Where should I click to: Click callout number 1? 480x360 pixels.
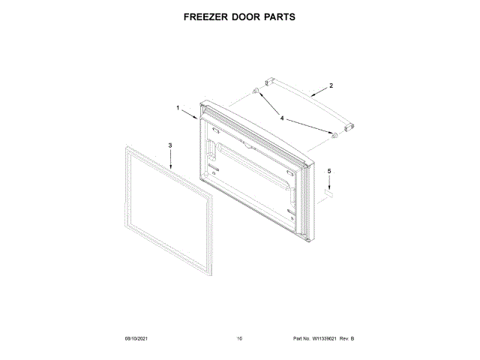[x=178, y=108]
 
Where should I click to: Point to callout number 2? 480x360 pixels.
[x=331, y=86]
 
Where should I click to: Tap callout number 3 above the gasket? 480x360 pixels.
[x=169, y=145]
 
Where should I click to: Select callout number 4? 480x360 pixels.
[x=282, y=118]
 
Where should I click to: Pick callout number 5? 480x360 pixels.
[x=328, y=172]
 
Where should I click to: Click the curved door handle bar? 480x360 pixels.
[x=307, y=101]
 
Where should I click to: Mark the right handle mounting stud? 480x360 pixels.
[x=334, y=136]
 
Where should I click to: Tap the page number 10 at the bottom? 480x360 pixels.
[x=239, y=340]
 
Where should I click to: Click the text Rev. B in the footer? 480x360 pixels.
[x=347, y=340]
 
